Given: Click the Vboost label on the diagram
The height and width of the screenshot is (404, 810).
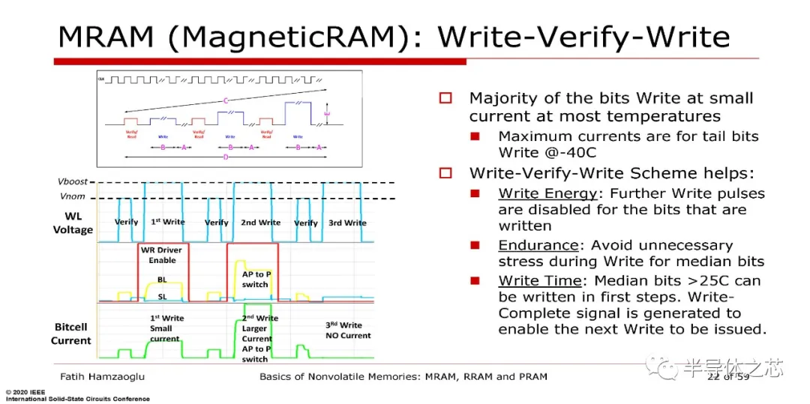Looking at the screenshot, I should coord(72,182).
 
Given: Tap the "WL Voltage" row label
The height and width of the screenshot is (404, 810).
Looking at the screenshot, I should coord(72,223).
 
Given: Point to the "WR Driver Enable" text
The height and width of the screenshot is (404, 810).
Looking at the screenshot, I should coord(162,255).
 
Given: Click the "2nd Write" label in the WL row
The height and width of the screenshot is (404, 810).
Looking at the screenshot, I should coord(260,223).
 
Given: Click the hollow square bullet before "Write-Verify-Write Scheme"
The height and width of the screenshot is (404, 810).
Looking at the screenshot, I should coord(445,173).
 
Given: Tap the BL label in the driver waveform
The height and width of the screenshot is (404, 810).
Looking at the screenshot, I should coord(162,280).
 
